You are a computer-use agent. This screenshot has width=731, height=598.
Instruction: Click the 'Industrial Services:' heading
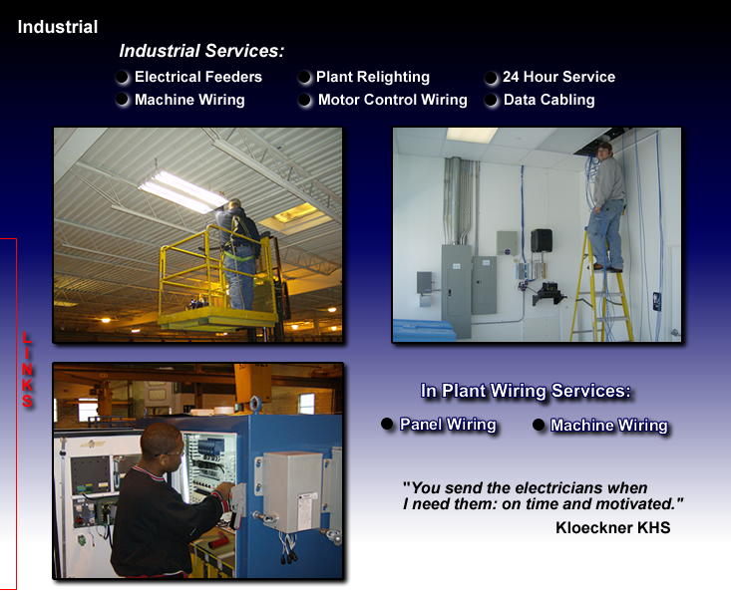pyautogui.click(x=201, y=51)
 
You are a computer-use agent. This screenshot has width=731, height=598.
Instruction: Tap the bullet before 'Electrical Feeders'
pyautogui.click(x=122, y=77)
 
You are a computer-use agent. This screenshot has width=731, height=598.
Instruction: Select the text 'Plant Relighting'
pyautogui.click(x=373, y=77)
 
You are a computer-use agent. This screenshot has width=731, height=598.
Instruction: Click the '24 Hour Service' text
pyautogui.click(x=558, y=77)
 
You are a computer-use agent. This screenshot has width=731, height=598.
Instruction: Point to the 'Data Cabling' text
pyautogui.click(x=548, y=100)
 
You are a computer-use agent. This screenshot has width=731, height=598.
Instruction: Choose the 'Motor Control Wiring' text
pyautogui.click(x=393, y=100)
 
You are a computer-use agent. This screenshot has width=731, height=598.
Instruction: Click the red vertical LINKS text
pyautogui.click(x=28, y=370)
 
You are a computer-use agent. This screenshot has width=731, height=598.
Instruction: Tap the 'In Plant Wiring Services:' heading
pyautogui.click(x=526, y=391)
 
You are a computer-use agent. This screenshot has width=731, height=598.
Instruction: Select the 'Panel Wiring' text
pyautogui.click(x=448, y=425)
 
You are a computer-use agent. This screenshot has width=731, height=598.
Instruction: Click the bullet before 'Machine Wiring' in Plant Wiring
pyautogui.click(x=539, y=425)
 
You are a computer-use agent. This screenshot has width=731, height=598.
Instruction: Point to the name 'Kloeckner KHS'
pyautogui.click(x=612, y=527)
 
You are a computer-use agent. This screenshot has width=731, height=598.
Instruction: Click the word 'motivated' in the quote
pyautogui.click(x=634, y=504)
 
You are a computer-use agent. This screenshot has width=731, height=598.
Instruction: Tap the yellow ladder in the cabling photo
pyautogui.click(x=602, y=285)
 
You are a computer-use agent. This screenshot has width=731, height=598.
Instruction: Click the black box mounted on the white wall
pyautogui.click(x=542, y=240)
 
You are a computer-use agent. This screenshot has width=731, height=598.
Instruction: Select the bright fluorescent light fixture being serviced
pyautogui.click(x=182, y=191)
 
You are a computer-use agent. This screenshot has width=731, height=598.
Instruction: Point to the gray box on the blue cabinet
pyautogui.click(x=293, y=491)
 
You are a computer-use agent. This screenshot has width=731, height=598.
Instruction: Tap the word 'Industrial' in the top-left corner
pyautogui.click(x=58, y=27)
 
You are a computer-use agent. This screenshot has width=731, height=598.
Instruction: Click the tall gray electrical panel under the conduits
pyautogui.click(x=456, y=291)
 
